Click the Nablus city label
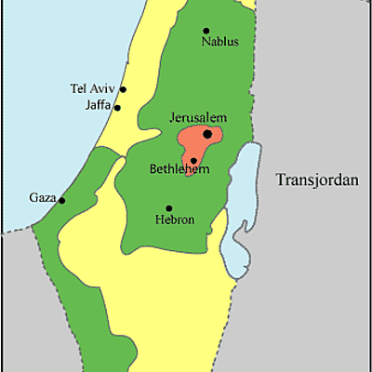219,42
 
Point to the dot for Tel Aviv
123,90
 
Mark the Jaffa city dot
117,108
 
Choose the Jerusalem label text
198,118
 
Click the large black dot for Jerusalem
207,134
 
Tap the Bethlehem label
179,170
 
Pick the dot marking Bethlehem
193,160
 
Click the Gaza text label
43,199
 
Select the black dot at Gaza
62,200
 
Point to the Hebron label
175,220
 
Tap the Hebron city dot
168,208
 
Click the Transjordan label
317,180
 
